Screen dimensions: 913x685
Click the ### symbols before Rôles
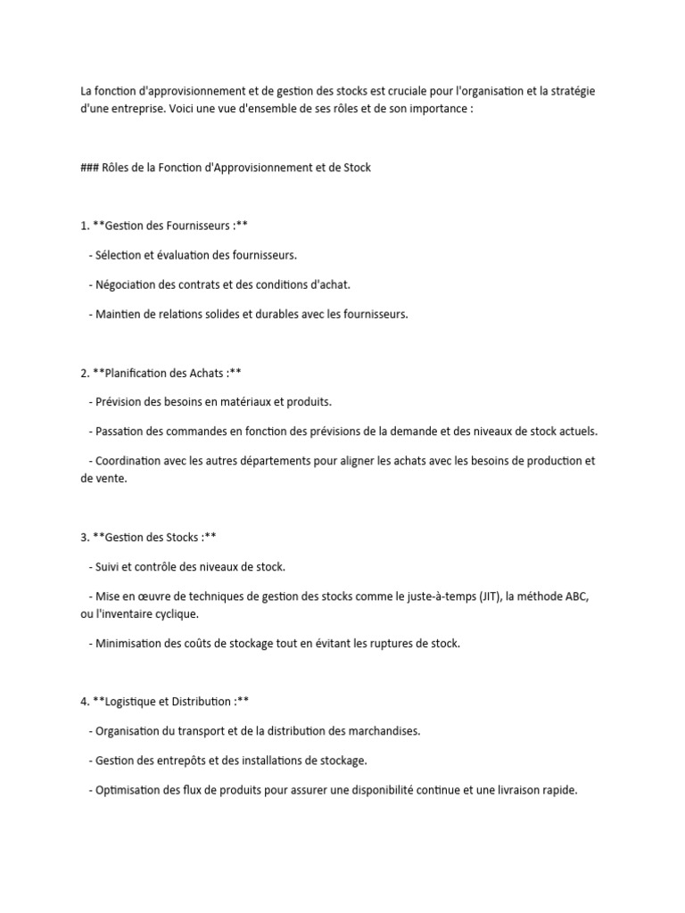point(89,167)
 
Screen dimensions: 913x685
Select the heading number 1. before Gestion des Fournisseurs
point(85,226)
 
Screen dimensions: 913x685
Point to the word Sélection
point(120,255)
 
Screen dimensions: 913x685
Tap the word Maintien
point(120,314)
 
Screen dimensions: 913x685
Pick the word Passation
point(123,432)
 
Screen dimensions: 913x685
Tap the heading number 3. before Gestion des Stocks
point(85,537)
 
